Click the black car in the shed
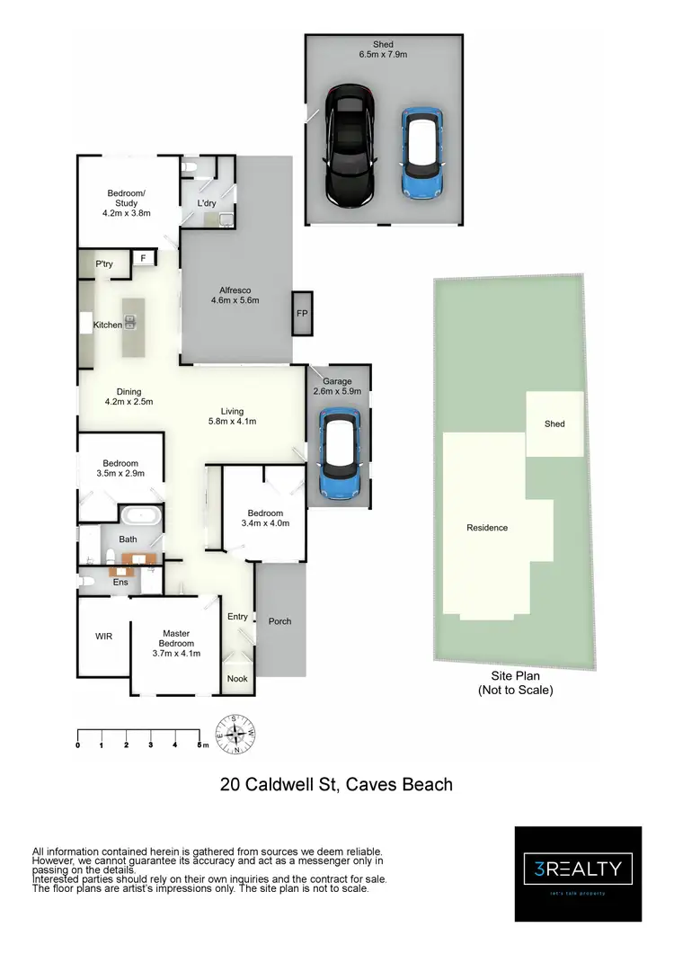tap(349, 146)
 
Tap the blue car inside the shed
tap(421, 144)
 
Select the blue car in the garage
tap(341, 446)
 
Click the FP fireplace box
tap(301, 314)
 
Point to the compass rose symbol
tap(236, 734)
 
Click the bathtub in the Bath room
tap(140, 517)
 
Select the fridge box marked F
tap(142, 259)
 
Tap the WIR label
tap(103, 637)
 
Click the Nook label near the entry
tap(237, 679)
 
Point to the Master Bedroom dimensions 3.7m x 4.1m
tap(176, 654)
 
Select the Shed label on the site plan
tap(554, 424)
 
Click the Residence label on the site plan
tap(486, 527)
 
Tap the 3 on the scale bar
tap(151, 744)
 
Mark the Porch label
tap(279, 621)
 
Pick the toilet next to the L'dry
tap(188, 168)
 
